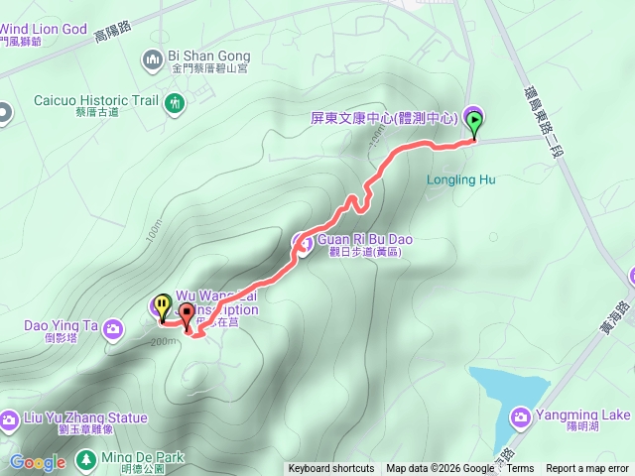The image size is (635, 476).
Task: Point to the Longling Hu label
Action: [x=460, y=180]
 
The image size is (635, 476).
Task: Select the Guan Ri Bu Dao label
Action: [x=363, y=239]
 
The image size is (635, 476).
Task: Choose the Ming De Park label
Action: [x=143, y=458]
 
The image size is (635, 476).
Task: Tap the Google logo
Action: [x=38, y=462]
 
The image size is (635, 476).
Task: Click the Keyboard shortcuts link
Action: [x=331, y=469]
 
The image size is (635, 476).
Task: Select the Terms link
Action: [x=520, y=469]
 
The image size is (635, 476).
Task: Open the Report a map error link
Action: [x=588, y=469]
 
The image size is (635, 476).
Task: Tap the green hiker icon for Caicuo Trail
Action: [x=176, y=101]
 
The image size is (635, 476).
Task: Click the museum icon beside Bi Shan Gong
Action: [x=153, y=60]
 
